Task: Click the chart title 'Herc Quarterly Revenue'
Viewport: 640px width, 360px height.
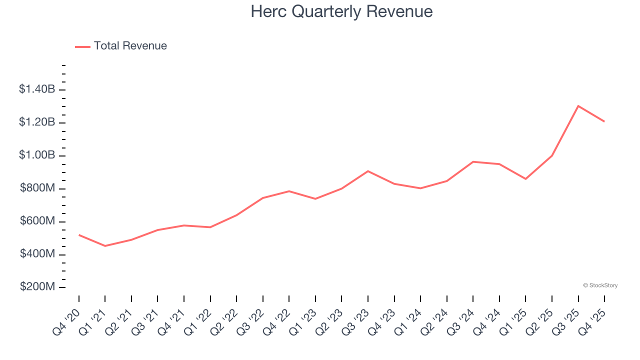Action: coord(341,11)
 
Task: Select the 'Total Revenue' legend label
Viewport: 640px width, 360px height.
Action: coord(130,46)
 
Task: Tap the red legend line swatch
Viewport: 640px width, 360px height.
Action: coord(82,46)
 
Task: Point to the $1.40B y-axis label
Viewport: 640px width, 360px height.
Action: coord(37,89)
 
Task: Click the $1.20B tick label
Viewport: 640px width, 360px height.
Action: coord(37,122)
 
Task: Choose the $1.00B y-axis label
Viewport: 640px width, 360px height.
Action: coord(37,155)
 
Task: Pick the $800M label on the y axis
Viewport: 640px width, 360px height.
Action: coord(37,188)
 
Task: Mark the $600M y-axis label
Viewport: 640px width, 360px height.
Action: coord(37,221)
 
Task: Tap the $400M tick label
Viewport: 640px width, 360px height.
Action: coord(37,254)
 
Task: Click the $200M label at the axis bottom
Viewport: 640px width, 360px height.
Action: coord(37,287)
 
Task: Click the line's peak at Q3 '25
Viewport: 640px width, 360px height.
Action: coord(578,106)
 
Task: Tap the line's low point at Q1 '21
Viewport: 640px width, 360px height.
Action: coord(105,246)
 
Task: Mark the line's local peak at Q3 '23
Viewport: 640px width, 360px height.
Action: coord(368,171)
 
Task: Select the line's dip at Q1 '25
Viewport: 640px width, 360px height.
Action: coord(525,179)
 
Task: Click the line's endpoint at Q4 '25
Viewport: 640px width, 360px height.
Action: coord(604,121)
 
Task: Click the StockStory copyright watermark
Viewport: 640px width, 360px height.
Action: coord(600,285)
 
